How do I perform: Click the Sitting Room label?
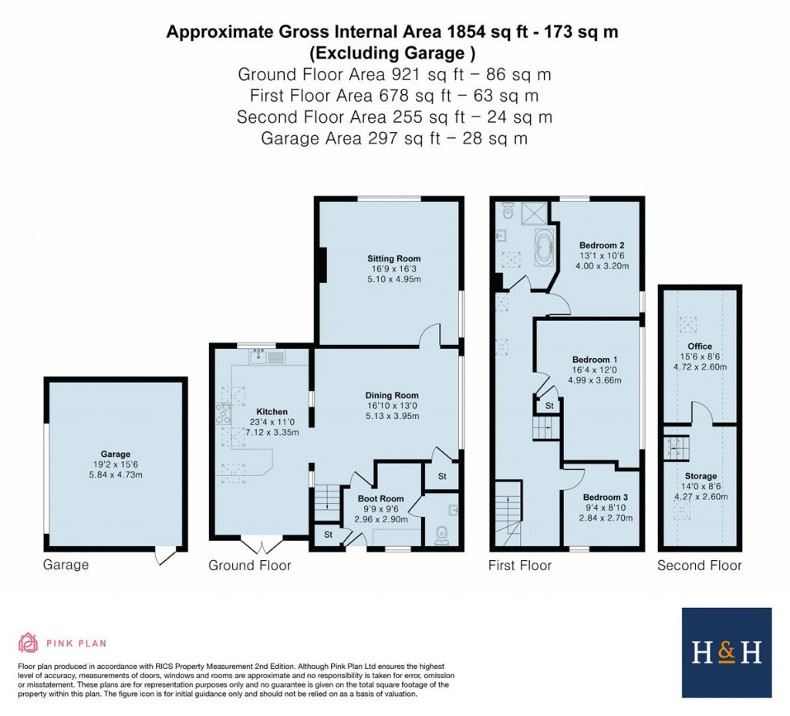point(393,258)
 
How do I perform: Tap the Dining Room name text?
point(392,395)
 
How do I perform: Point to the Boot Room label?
point(380,498)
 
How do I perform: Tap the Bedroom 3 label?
point(605,498)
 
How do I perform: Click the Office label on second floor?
point(700,346)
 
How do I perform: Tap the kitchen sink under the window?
point(258,356)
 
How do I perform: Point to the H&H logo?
point(726,653)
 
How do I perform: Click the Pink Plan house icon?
point(29,642)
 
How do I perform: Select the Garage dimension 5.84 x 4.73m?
point(115,475)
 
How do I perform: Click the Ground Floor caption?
point(250,566)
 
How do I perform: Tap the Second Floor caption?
point(699,566)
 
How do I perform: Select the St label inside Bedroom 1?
point(549,405)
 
